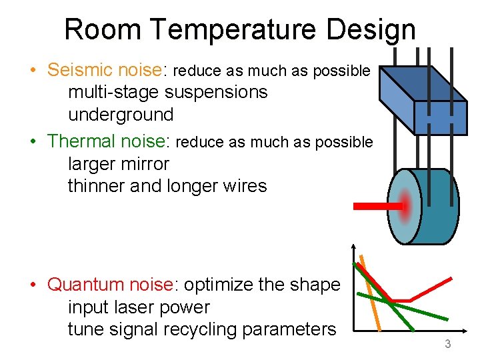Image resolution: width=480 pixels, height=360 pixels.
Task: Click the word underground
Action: tap(121, 115)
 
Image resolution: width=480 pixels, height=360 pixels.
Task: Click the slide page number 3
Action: tap(448, 344)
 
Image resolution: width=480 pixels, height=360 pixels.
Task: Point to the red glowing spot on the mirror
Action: tap(405, 206)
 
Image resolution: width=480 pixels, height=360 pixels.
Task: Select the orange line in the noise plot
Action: tap(372, 293)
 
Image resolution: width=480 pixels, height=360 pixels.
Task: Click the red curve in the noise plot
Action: tap(433, 287)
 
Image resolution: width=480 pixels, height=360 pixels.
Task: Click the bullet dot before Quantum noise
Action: tap(33, 285)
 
